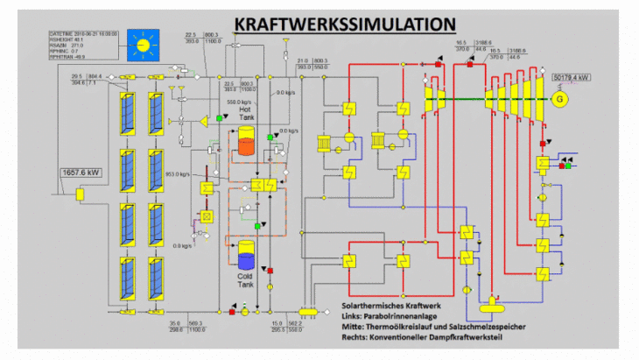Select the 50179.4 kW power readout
[x=572, y=78]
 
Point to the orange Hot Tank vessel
[x=245, y=143]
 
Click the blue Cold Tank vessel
[x=246, y=256]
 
